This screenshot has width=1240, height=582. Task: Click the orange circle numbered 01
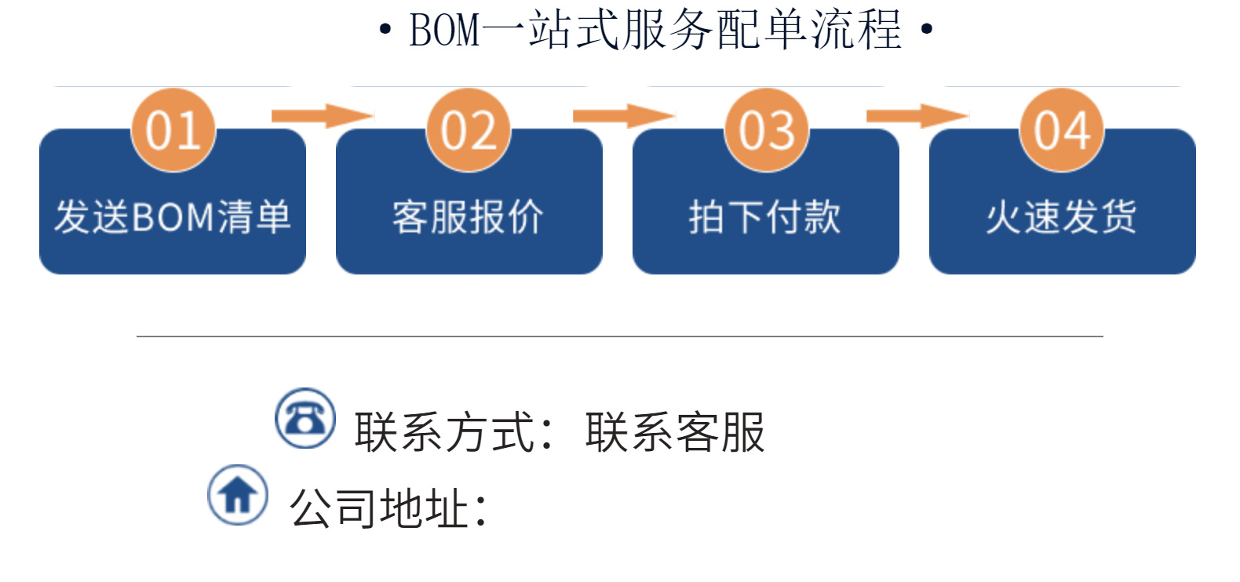(173, 130)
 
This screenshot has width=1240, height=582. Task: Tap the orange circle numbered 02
(469, 130)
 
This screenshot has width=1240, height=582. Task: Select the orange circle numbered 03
(766, 130)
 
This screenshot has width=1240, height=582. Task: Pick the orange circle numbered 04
(1062, 130)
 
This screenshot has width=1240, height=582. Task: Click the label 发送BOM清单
(173, 217)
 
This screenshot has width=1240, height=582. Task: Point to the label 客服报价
(469, 217)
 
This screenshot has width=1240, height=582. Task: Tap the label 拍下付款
(765, 217)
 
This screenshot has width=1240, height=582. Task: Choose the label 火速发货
(1062, 217)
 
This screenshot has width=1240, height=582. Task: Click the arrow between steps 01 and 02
(322, 116)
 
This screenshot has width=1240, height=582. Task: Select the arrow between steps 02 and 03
(623, 116)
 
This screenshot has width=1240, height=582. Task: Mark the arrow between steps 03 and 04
(917, 116)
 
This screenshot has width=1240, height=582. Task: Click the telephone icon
(305, 419)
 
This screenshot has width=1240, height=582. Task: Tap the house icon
(238, 495)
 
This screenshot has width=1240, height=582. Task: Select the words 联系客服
(675, 432)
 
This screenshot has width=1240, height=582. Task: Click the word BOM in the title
(444, 31)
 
